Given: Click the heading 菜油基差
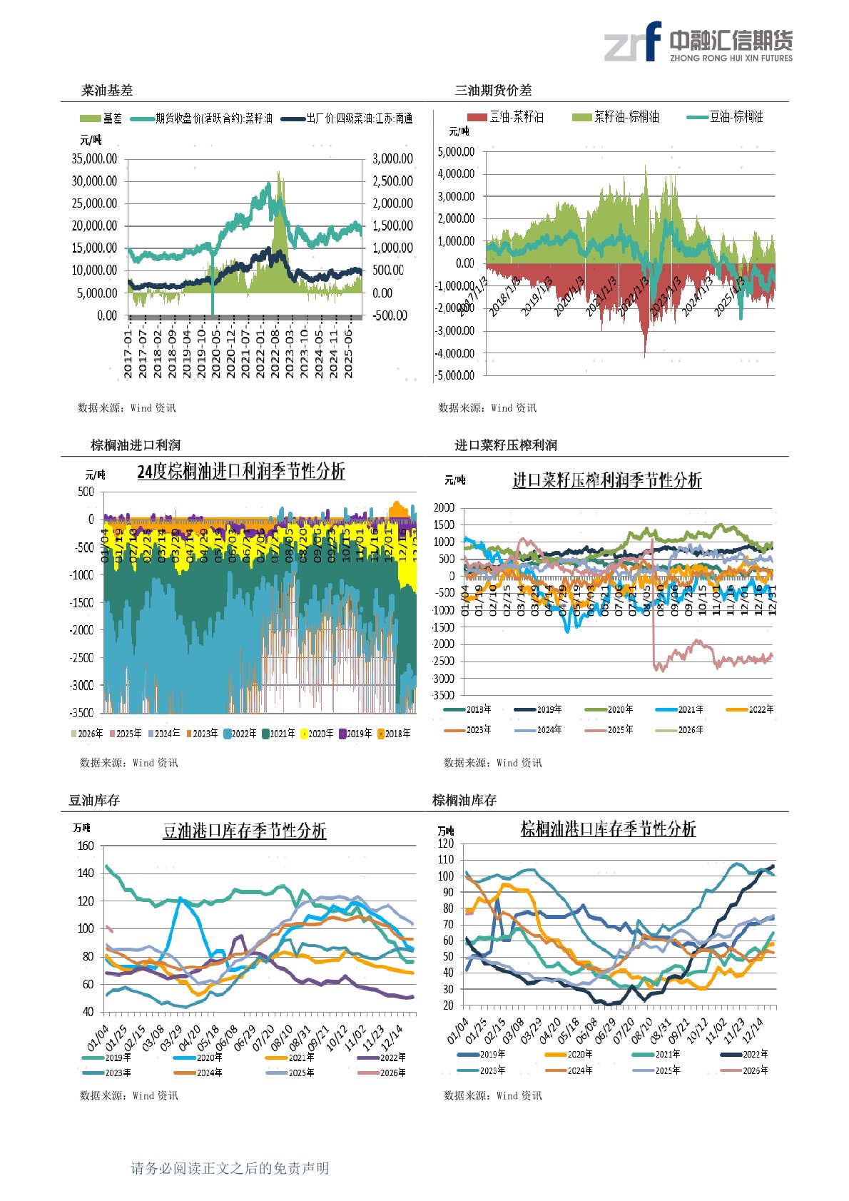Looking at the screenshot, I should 107,90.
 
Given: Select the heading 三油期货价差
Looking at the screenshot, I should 493,90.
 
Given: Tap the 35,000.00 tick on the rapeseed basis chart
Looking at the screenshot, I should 94,158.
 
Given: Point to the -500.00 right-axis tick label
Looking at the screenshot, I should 390,315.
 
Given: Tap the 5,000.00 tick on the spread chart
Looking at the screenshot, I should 456,151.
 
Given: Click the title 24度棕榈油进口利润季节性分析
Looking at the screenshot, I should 240,472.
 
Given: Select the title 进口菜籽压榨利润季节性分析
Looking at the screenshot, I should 606,480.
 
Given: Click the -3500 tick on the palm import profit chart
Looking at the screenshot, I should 81,712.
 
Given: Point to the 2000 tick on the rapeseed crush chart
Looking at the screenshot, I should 444,507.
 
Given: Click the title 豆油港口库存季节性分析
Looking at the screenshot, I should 244,831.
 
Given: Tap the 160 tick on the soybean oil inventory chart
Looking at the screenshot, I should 86,846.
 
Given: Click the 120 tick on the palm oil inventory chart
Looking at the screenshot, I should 446,843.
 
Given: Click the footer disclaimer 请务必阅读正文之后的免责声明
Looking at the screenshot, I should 230,1168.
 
